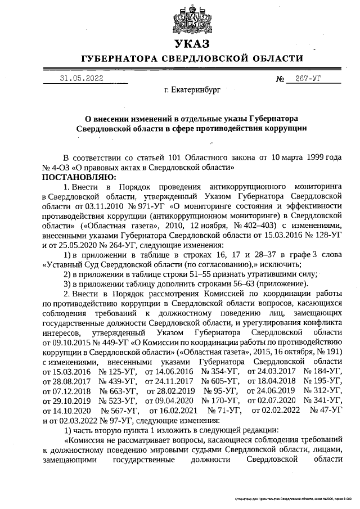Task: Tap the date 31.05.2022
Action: click(x=82, y=79)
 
